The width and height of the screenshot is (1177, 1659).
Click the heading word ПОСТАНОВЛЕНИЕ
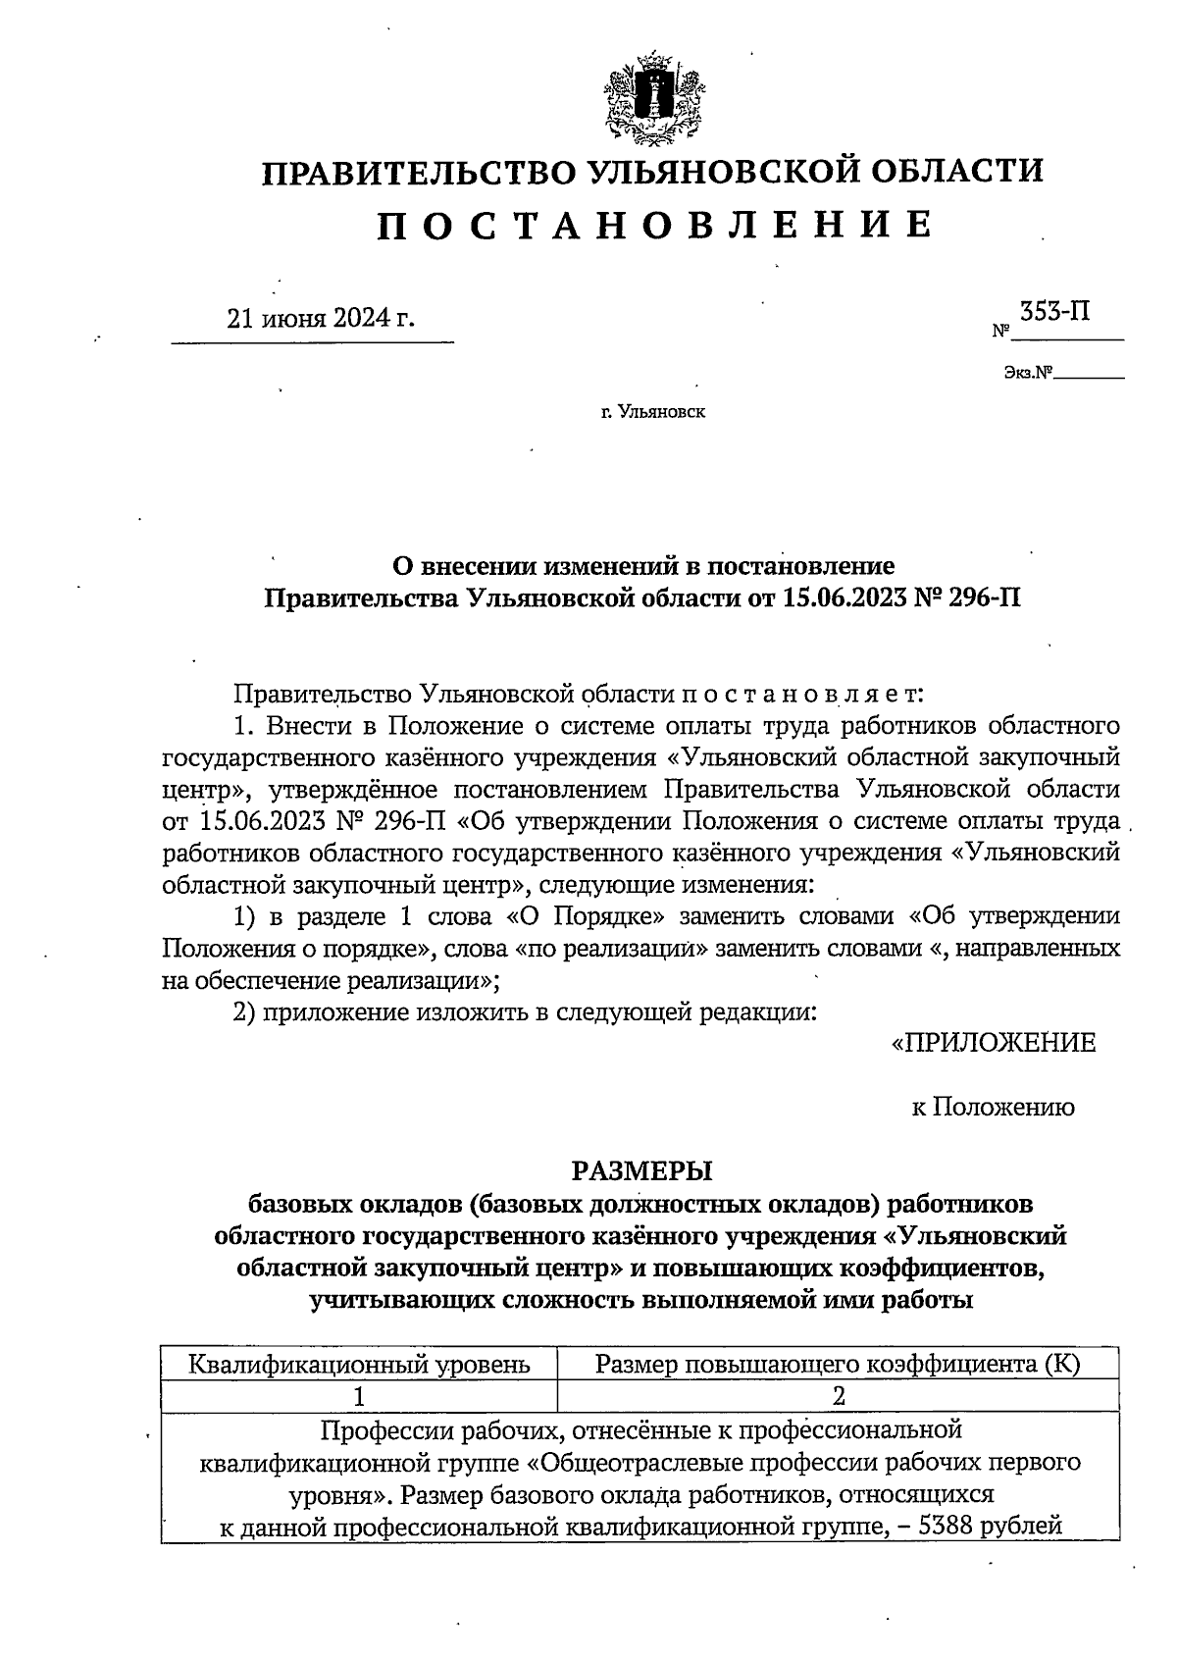click(x=654, y=225)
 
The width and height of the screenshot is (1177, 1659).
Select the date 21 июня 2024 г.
click(x=321, y=319)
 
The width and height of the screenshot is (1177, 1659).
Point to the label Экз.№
click(x=1027, y=373)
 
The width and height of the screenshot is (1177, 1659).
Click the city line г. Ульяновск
click(x=653, y=412)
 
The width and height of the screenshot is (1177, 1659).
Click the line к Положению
click(x=993, y=1108)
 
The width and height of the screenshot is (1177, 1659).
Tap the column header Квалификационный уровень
click(x=359, y=1364)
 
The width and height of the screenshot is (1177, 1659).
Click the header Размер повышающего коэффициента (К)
click(x=838, y=1364)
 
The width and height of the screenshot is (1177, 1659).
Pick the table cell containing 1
click(x=359, y=1395)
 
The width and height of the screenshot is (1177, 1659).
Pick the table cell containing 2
click(x=838, y=1395)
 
